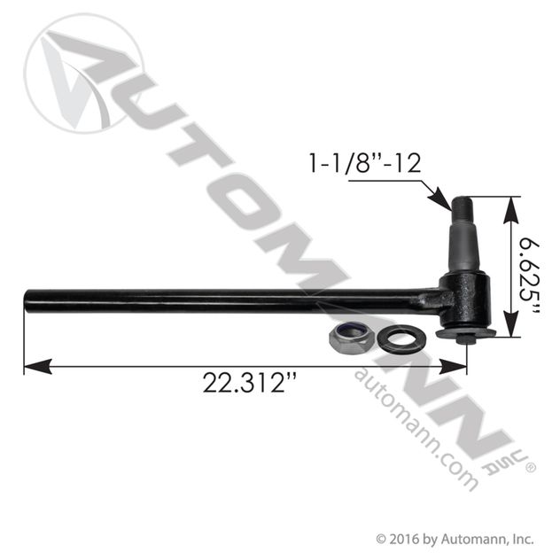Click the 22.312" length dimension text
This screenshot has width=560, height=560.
pos(249,383)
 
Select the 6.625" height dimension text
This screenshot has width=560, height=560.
pos(529,275)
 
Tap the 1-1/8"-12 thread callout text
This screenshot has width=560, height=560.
pos(365,163)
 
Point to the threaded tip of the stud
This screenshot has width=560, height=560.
pos(462,207)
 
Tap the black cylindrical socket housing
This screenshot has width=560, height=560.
pos(464,299)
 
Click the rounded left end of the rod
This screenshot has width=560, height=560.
pos(27,302)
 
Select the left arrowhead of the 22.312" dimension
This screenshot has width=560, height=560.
pos(37,367)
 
